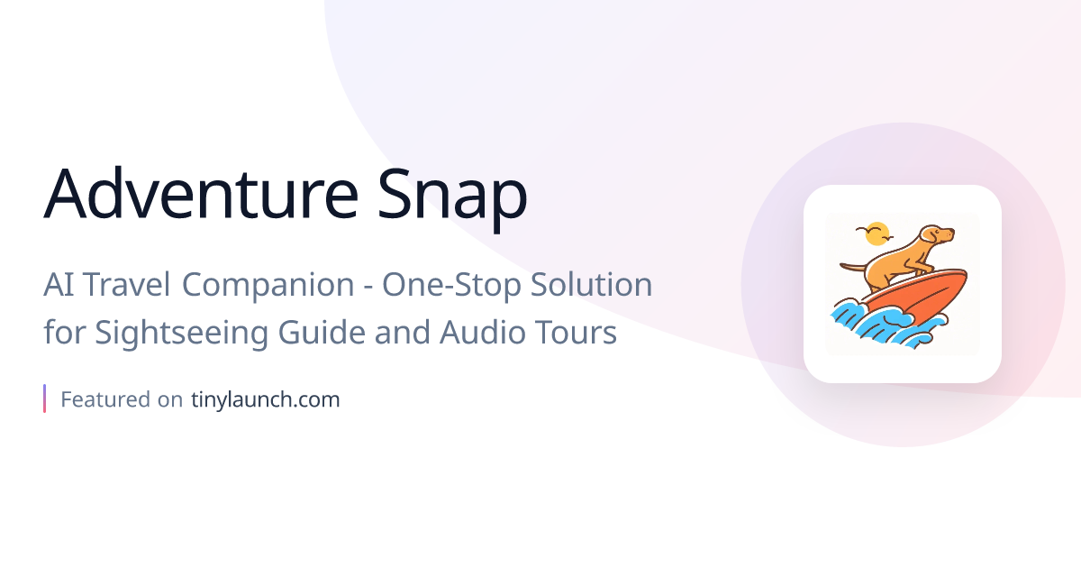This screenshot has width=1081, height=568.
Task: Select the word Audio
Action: [482, 332]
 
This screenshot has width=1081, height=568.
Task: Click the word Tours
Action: [577, 332]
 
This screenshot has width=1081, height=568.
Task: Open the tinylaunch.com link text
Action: [265, 399]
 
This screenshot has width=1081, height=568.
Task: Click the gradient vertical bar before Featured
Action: [44, 399]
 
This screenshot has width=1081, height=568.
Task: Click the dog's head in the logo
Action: [937, 236]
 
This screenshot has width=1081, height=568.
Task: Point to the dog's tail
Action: [851, 266]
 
